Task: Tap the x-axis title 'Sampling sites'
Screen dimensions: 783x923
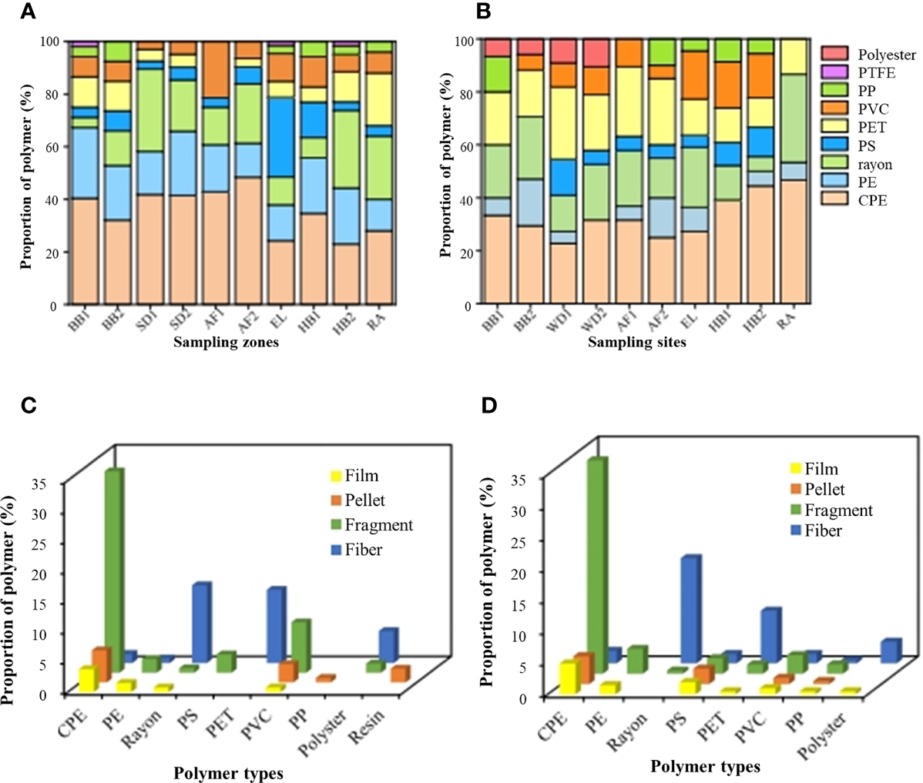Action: (x=636, y=343)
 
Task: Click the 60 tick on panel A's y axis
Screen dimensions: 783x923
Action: (x=52, y=146)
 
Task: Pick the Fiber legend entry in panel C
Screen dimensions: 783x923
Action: (x=363, y=550)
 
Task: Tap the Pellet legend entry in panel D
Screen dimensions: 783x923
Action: (x=824, y=489)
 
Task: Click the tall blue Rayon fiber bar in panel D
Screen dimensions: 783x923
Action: (x=690, y=608)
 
